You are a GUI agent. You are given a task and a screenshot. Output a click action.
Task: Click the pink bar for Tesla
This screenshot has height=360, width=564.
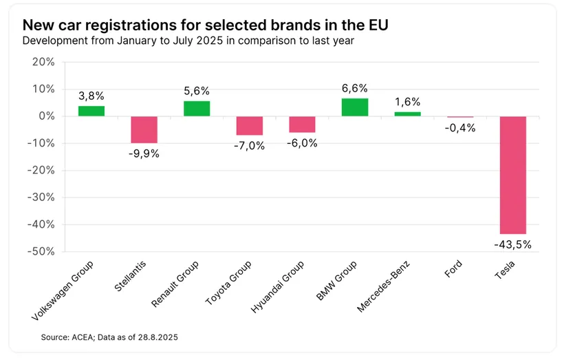coord(512,176)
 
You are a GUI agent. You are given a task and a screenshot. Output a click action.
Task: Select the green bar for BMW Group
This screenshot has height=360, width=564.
coord(355,107)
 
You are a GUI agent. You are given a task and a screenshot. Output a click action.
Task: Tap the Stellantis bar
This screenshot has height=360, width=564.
coord(144,129)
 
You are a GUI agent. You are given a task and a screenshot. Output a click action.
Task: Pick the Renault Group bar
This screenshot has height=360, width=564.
coord(197,109)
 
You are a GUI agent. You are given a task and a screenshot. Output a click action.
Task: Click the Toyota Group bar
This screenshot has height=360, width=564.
coord(250,126)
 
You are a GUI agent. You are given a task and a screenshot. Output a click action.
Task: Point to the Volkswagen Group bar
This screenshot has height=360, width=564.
coord(91,111)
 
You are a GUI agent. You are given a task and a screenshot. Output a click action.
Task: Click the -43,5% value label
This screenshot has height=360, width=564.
coord(512,244)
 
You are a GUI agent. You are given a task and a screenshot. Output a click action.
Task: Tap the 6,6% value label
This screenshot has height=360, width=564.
coord(355,88)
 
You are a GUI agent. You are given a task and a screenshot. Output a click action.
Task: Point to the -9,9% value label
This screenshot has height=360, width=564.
coord(144,153)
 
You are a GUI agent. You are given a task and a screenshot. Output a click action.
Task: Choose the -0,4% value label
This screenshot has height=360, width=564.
coord(459,127)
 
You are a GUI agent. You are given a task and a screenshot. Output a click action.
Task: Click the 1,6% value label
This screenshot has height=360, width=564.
coord(407,102)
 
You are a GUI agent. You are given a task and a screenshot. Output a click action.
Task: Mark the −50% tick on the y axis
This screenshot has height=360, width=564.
coord(41,252)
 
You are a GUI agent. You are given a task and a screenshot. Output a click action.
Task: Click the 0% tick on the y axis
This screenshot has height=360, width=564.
coord(45,116)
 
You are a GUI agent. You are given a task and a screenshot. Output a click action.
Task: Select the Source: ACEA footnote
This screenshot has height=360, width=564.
coord(109,337)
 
